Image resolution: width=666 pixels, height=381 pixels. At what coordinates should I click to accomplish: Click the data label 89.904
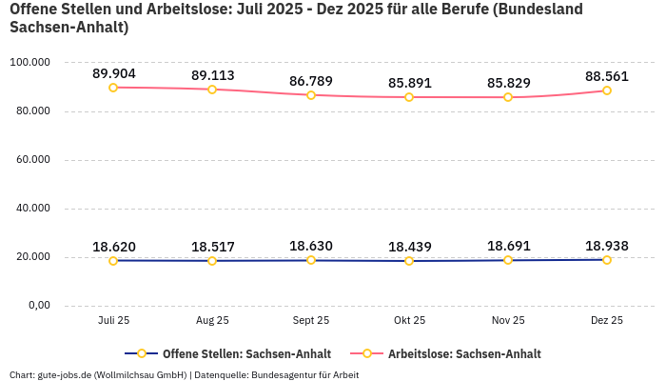tap(113, 73)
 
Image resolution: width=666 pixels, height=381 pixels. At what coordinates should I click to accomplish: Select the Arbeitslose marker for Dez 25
tap(607, 90)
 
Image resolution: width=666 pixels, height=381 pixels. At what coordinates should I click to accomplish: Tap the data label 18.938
tap(607, 246)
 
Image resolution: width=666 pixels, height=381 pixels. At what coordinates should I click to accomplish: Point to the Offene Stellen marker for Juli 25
tap(113, 261)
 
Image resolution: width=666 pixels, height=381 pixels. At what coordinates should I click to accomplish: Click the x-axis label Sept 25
tap(310, 321)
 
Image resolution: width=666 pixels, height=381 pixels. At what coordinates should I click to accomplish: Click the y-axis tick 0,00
tap(38, 306)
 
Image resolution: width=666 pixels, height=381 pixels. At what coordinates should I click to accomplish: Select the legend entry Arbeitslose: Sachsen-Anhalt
tap(464, 353)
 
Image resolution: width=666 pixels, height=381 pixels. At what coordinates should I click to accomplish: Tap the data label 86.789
tap(310, 81)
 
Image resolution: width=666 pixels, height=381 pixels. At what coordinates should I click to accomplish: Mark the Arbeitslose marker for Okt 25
tap(409, 97)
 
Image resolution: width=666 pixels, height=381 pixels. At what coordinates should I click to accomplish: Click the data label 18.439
tap(409, 247)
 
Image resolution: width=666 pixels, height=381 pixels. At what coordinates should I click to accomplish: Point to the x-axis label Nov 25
tap(508, 321)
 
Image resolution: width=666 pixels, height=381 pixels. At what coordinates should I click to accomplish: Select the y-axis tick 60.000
tap(31, 160)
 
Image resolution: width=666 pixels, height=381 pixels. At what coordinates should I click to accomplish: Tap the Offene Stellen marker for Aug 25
tap(212, 261)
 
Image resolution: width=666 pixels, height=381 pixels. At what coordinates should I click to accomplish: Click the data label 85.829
tap(508, 83)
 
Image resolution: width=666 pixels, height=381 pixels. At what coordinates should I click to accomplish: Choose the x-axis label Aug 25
tap(212, 321)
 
